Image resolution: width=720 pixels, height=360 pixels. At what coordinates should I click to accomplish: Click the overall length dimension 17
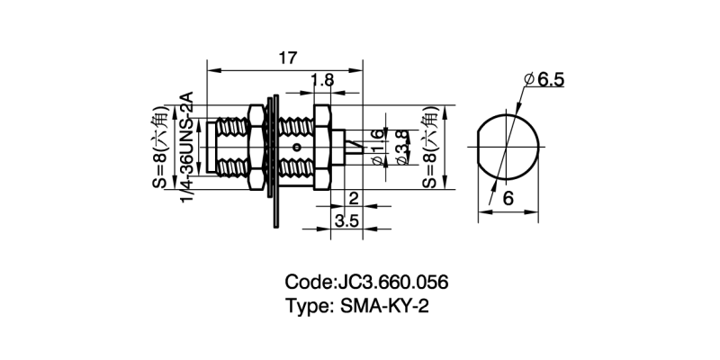287,58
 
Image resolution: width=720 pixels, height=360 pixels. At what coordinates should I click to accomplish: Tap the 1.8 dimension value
322,81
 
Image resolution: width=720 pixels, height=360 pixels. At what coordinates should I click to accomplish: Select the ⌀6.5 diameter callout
544,80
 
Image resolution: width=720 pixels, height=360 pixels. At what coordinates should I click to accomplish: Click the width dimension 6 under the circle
508,202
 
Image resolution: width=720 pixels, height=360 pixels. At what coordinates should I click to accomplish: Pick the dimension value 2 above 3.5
353,198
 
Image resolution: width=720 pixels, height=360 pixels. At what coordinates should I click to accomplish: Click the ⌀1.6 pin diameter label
376,147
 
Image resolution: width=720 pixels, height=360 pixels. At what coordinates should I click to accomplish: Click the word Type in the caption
308,306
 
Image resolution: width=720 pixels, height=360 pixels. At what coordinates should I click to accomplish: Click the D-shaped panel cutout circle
508,147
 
